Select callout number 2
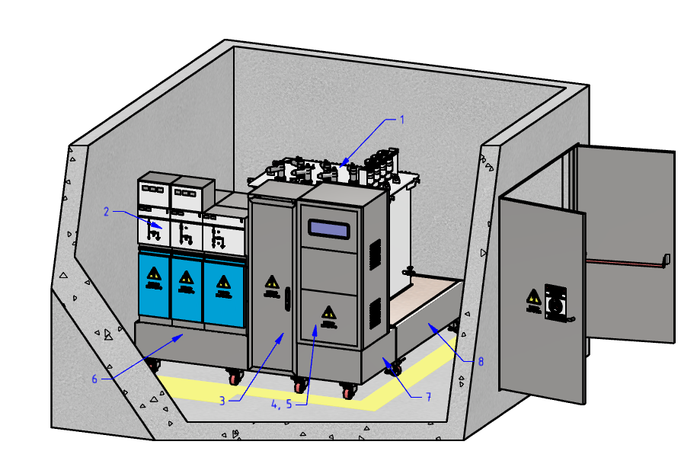point(107,212)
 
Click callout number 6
point(95,379)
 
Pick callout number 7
point(429,397)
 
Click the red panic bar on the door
point(625,262)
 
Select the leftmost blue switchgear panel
point(154,287)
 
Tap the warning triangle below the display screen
point(328,312)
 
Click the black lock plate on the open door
point(556,303)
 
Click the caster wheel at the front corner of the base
point(349,392)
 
